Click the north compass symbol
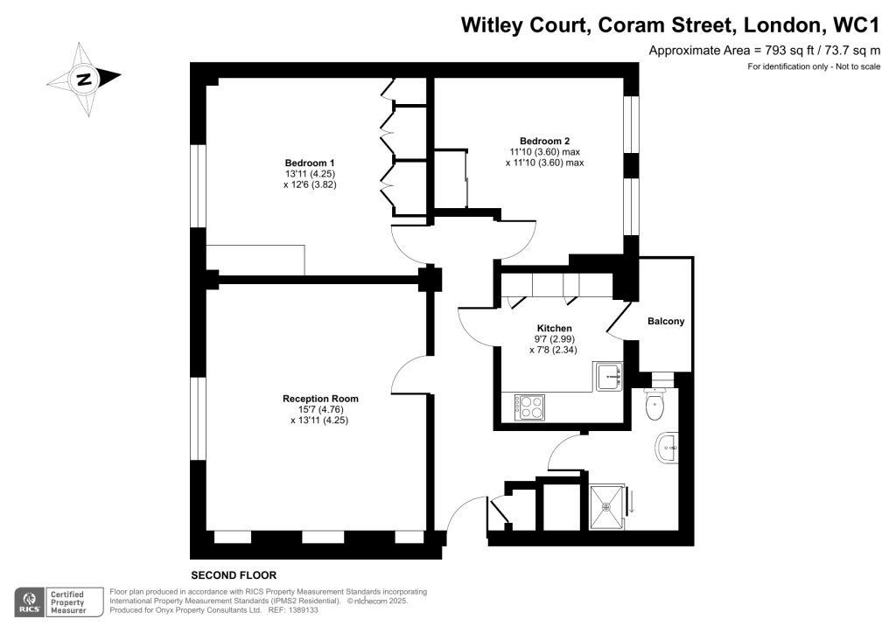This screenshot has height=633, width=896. coord(84,80)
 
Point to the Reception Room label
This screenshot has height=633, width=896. coord(320,399)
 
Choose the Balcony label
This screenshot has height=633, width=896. coord(666,322)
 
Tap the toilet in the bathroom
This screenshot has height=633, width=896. coord(655,403)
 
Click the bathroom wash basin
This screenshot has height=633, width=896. coord(667,449)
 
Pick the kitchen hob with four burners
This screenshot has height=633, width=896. coord(528,407)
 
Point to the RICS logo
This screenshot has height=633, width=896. coord(31,602)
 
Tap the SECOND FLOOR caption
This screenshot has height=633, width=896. coord(234,575)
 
